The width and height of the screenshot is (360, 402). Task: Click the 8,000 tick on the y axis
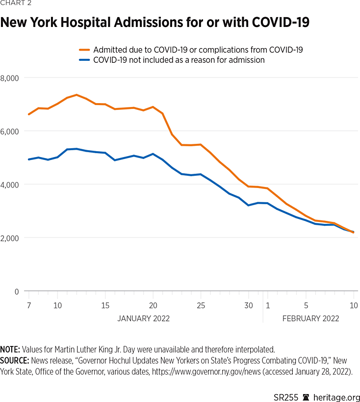tap(9, 78)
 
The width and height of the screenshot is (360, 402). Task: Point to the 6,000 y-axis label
tap(9, 131)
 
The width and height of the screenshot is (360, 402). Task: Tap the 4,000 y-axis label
tap(9, 185)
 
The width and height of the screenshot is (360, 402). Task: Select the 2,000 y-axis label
tap(9, 238)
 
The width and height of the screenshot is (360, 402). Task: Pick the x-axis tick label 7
tap(29, 305)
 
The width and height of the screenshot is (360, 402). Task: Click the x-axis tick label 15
tap(105, 305)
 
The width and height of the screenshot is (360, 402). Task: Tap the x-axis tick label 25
tap(201, 305)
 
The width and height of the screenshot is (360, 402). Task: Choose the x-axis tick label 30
tap(249, 305)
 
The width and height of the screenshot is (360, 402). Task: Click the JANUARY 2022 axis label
tap(143, 319)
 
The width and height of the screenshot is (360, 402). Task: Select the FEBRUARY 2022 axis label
tap(310, 319)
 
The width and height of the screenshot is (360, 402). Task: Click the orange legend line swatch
tap(85, 50)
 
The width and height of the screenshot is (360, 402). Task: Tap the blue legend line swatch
tap(85, 60)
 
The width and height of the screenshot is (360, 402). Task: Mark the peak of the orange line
tap(77, 95)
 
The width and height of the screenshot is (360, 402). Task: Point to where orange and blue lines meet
tap(353, 232)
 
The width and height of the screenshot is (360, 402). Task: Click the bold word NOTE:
tap(10, 349)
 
